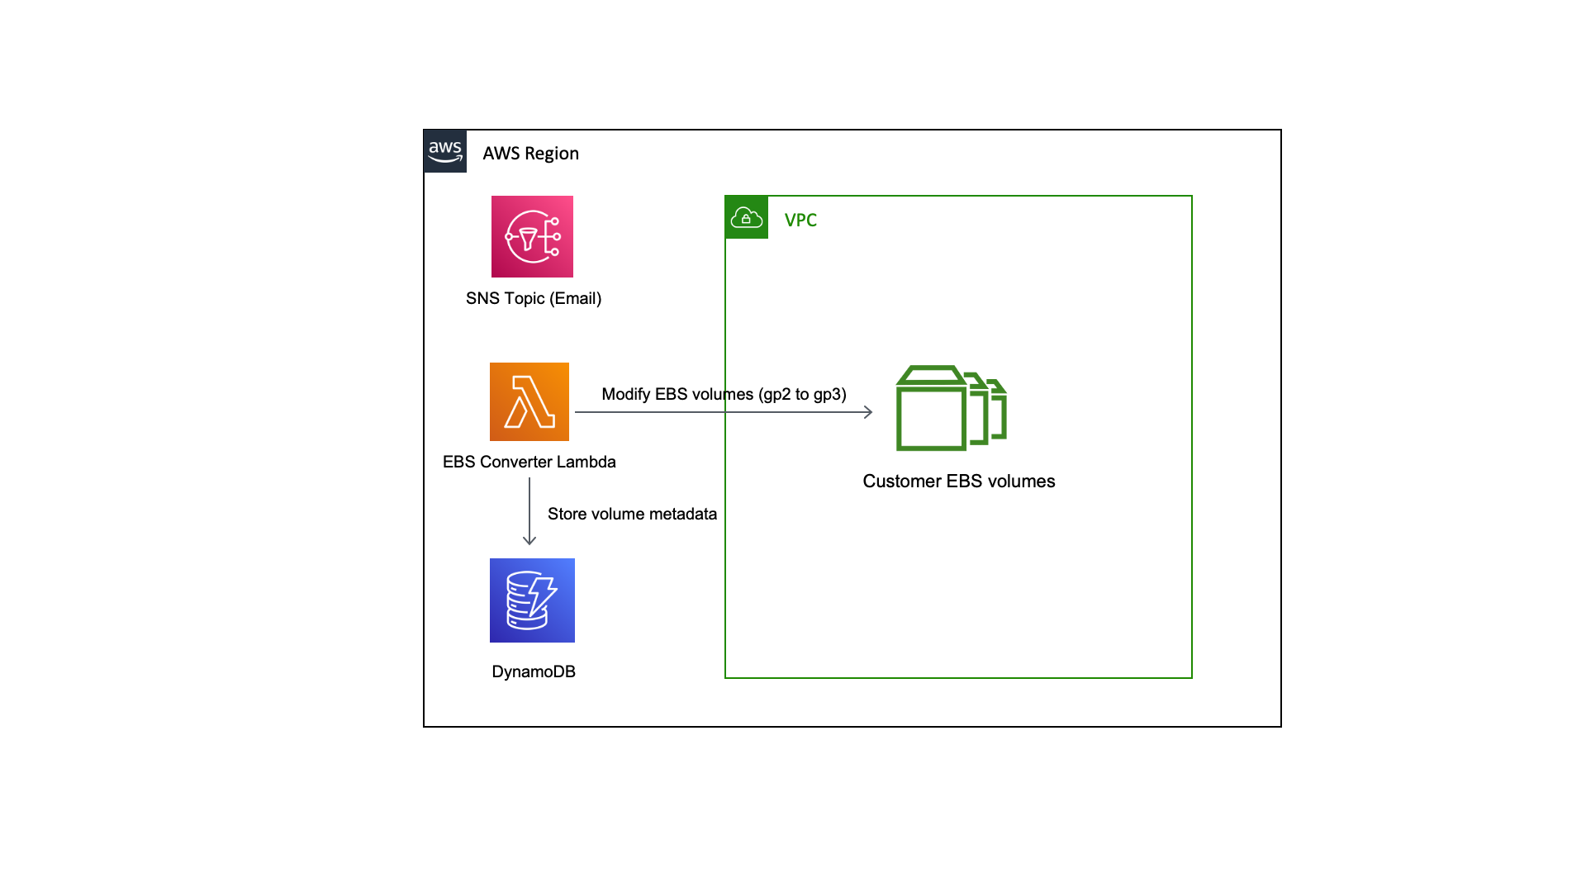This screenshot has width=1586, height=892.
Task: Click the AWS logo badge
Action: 445,151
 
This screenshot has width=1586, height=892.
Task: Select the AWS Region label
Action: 530,154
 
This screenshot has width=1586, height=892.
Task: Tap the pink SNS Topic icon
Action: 532,236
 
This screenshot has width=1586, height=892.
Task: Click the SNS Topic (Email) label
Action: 533,298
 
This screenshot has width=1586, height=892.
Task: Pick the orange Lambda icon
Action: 529,401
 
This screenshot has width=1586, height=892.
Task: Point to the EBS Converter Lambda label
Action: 529,462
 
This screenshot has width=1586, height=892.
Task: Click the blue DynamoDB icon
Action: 532,600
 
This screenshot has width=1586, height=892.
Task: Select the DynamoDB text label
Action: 533,671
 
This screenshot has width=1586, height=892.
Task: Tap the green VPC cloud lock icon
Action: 747,217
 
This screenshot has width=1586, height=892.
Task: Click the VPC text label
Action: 800,221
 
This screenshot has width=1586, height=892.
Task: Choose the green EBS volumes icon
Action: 951,408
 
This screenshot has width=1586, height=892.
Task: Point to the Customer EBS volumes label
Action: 958,482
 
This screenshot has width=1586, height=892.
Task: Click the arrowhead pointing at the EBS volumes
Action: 868,412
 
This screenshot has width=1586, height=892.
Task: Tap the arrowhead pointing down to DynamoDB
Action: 529,540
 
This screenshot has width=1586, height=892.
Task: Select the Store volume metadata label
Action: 632,514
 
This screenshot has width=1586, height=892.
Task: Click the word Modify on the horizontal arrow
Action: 625,394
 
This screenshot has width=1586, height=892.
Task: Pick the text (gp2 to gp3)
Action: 801,394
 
